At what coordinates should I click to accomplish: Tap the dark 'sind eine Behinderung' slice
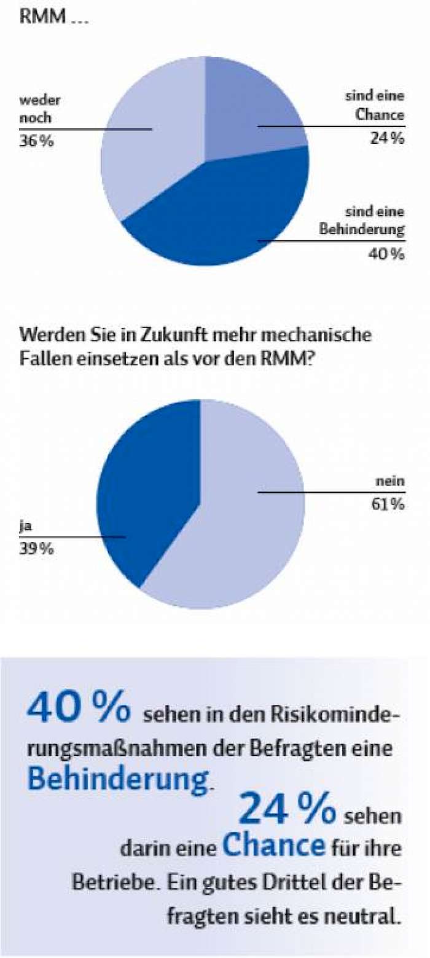(222, 214)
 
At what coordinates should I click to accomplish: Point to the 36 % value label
(37, 141)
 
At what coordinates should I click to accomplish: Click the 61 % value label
(387, 505)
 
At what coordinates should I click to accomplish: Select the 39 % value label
(36, 549)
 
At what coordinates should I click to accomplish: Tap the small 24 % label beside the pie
(387, 138)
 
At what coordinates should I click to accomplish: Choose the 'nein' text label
(390, 481)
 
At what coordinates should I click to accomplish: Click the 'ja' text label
(25, 527)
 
